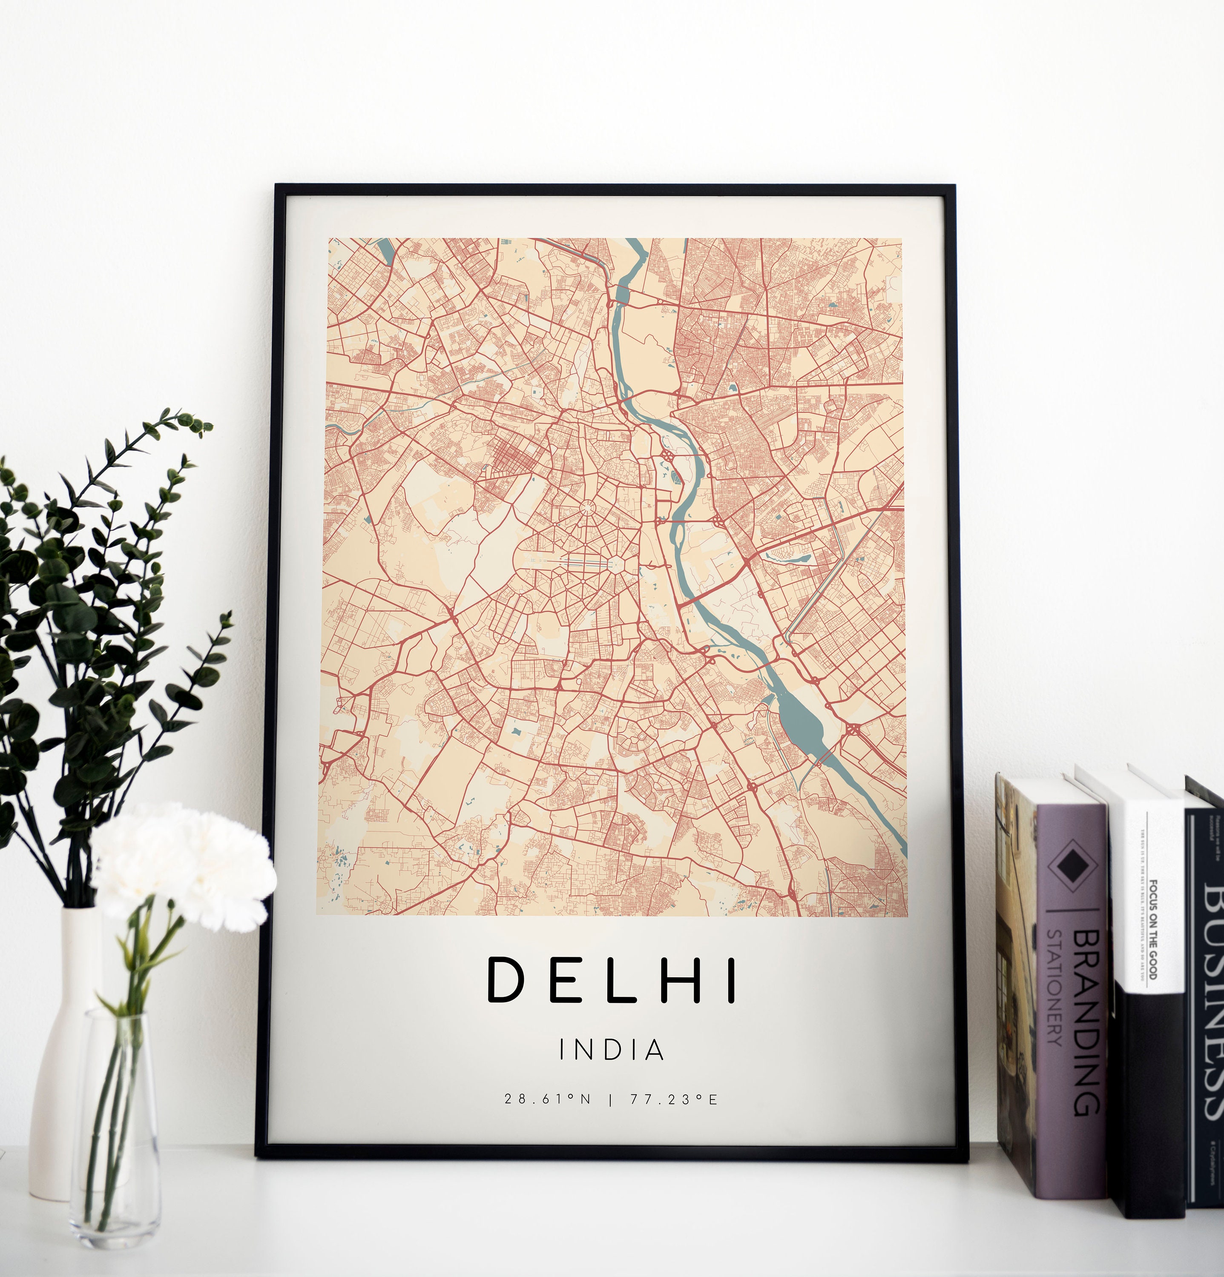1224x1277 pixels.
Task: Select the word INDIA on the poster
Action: click(611, 1050)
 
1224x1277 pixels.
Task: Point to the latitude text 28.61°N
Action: click(547, 1099)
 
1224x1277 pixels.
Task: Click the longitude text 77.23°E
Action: click(673, 1099)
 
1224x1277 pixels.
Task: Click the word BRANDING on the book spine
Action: click(1085, 1023)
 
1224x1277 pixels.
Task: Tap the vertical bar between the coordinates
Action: click(610, 1099)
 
